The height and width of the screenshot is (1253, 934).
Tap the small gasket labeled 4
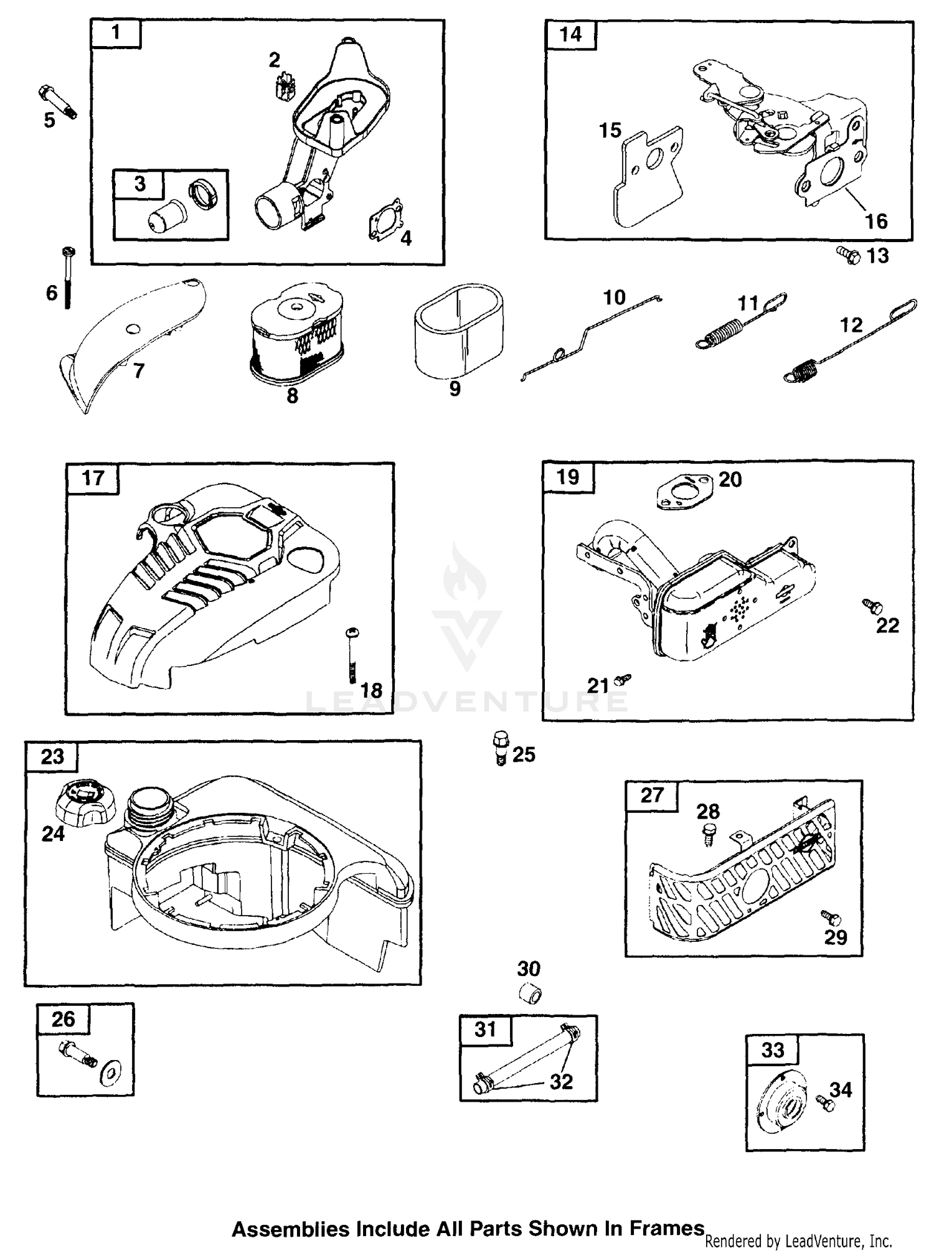tap(385, 221)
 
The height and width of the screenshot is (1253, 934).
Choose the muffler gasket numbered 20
tap(683, 489)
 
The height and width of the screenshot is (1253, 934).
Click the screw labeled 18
tap(353, 654)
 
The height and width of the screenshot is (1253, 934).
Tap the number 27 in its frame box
tap(651, 795)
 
